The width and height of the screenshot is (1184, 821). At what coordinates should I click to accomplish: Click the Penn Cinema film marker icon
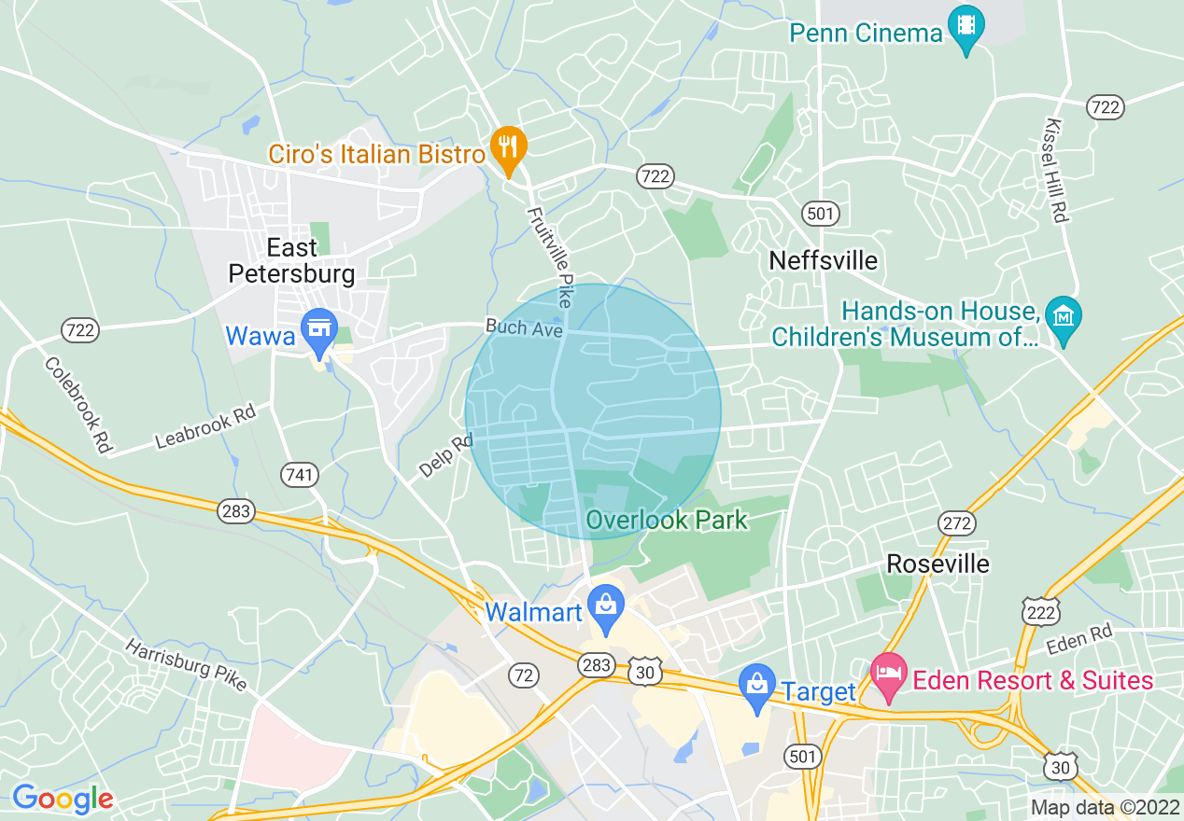tap(966, 25)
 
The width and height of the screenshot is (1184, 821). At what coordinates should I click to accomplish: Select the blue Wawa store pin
tap(320, 330)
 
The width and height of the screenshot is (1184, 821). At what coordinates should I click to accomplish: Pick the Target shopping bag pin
tap(757, 686)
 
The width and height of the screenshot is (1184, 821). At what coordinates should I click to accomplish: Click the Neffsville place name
tap(823, 260)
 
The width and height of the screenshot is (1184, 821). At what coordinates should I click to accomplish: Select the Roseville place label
tap(937, 564)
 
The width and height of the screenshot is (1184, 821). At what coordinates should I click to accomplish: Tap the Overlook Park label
tap(668, 520)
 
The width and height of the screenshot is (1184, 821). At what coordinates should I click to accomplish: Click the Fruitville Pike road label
tap(549, 257)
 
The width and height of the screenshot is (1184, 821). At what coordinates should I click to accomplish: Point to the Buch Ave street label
tap(523, 328)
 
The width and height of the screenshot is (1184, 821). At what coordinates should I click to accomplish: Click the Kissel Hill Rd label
tap(1056, 170)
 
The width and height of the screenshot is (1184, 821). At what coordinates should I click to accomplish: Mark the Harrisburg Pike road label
tap(186, 664)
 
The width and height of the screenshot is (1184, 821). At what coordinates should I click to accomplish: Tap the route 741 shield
tap(300, 476)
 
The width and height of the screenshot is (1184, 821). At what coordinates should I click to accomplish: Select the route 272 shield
tap(957, 524)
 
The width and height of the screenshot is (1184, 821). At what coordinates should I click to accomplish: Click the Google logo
tap(63, 799)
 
